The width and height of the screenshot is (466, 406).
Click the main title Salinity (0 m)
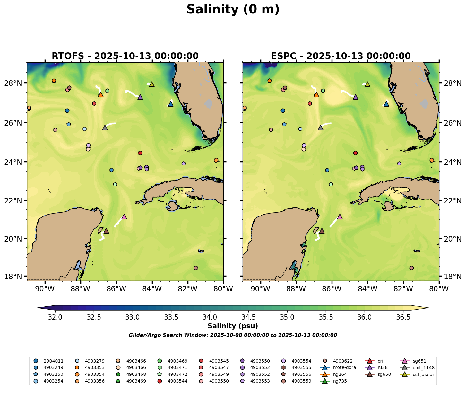pyautogui.click(x=233, y=10)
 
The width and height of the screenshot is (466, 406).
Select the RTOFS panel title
pyautogui.click(x=125, y=56)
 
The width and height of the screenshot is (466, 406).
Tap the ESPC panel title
pyautogui.click(x=341, y=56)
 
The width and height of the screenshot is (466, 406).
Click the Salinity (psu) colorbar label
pyautogui.click(x=233, y=326)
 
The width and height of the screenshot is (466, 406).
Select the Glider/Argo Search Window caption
pyautogui.click(x=233, y=335)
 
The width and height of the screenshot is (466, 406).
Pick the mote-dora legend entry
pyautogui.click(x=343, y=368)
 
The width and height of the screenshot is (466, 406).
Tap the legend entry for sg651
pyautogui.click(x=419, y=361)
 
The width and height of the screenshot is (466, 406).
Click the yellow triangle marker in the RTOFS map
pyautogui.click(x=152, y=84)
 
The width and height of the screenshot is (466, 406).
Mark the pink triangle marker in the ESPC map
pyautogui.click(x=340, y=217)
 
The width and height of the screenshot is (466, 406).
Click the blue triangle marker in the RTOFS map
pyautogui.click(x=171, y=104)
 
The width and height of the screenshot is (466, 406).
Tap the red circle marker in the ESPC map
pyautogui.click(x=355, y=153)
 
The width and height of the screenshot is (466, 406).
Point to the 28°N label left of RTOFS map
pyautogui.click(x=15, y=83)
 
